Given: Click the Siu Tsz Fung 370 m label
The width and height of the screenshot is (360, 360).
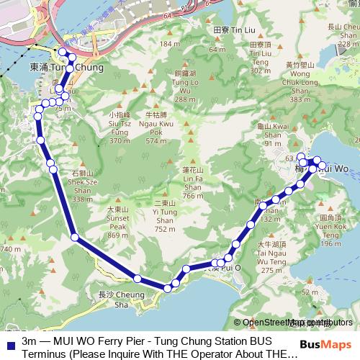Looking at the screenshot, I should tap(120, 127).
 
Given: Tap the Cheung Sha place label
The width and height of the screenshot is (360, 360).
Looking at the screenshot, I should tap(114, 299).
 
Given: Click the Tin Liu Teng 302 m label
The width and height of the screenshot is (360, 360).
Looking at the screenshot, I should tap(259, 57).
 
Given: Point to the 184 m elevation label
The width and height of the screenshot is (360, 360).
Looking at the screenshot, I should tap(169, 44).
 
